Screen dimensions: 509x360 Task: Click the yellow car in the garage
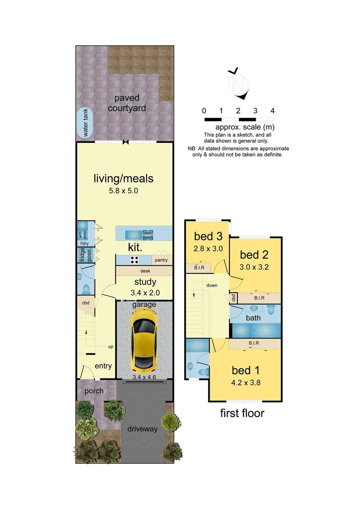coord(144,340)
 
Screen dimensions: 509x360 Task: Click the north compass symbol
coord(239,84)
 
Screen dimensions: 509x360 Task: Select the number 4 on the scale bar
coord(272,111)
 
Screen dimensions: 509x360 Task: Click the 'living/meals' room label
coord(123,179)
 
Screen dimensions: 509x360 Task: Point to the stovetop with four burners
coord(135,260)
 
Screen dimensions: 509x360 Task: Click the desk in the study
coord(145,271)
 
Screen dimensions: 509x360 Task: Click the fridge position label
coord(85,255)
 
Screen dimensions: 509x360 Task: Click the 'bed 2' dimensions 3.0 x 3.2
coord(254,267)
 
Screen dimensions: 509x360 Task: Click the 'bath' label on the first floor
coord(254,318)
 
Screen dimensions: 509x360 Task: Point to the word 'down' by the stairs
coord(211,286)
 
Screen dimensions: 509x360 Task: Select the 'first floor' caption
coord(242,413)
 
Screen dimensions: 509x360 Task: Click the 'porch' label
coord(94,392)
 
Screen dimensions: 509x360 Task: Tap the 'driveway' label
coord(142,429)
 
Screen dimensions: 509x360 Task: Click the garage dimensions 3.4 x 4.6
coord(144,377)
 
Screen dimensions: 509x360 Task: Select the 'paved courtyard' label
coord(126,103)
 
